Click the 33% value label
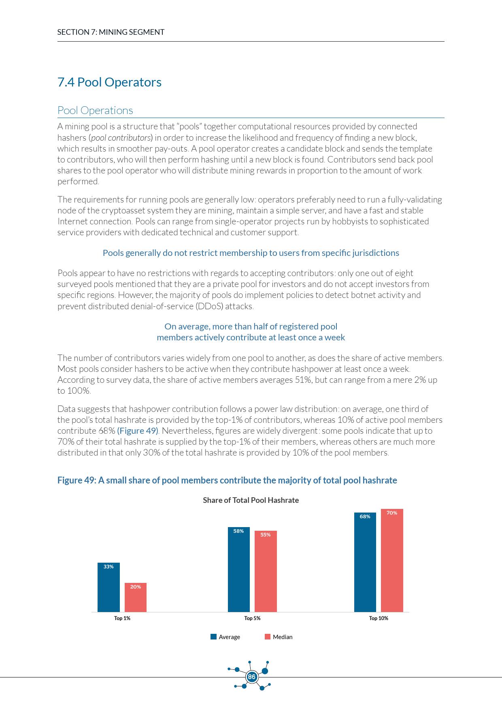click(108, 567)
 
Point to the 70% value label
click(392, 513)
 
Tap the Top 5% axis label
click(252, 618)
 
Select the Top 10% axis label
click(379, 618)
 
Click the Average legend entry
click(225, 637)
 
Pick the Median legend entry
click(279, 637)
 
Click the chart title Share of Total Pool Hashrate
click(251, 500)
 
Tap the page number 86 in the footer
click(251, 677)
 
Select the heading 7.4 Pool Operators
click(109, 82)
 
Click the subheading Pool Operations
click(95, 110)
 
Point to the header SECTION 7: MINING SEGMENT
click(111, 32)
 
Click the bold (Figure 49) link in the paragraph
click(138, 431)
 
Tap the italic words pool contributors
click(121, 137)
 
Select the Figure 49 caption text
click(227, 480)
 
